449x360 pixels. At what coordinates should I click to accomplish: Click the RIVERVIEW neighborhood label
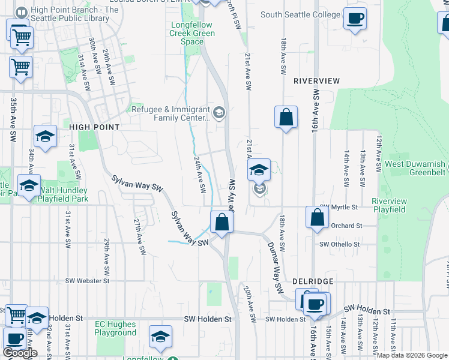click(316, 81)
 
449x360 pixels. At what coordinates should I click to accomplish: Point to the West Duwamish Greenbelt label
click(415, 168)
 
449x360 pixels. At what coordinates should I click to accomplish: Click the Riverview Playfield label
click(389, 205)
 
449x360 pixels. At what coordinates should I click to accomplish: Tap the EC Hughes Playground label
click(116, 328)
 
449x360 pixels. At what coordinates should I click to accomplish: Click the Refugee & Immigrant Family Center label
click(171, 113)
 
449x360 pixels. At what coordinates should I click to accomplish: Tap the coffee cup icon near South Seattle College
click(355, 19)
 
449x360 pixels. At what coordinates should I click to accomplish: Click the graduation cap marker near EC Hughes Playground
click(160, 337)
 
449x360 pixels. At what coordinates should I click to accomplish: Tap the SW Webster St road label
click(88, 280)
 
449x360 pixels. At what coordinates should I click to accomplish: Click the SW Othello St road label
click(339, 244)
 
